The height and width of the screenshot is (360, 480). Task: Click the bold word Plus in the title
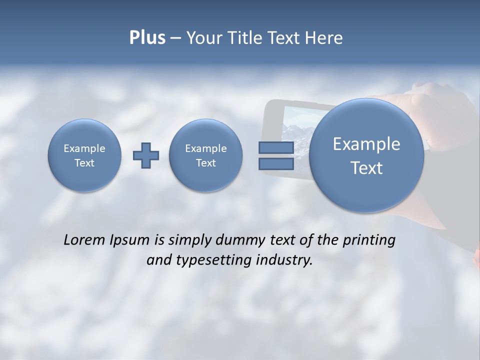pos(147,38)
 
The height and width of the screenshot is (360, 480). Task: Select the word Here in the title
pos(324,38)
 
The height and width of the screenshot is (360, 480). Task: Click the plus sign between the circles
pos(146,155)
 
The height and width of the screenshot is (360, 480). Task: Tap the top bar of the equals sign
pos(275,147)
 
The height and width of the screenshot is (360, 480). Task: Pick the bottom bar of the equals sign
pos(275,164)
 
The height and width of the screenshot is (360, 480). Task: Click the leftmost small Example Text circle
pos(84,155)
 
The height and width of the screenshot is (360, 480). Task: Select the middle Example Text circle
pos(205,155)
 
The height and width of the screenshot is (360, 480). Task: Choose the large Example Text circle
pos(366,155)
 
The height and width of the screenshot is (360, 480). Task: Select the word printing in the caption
pos(368,240)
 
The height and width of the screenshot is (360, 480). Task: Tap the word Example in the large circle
pos(366,144)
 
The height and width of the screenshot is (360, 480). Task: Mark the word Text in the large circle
pos(366,168)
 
